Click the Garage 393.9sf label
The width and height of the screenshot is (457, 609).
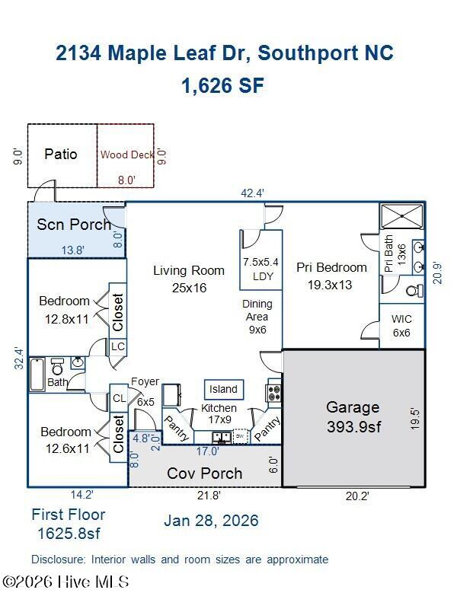(x=353, y=417)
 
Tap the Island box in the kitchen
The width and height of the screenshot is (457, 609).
(x=224, y=390)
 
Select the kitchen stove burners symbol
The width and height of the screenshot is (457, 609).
(x=273, y=393)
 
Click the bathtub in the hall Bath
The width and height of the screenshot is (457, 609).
(x=37, y=375)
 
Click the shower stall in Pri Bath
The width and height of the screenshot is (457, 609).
(x=402, y=216)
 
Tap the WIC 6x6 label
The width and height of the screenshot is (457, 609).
(x=401, y=326)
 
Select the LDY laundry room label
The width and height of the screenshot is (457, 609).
(x=263, y=276)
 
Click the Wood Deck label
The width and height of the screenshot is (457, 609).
(x=127, y=155)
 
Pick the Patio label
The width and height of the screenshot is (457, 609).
(x=61, y=155)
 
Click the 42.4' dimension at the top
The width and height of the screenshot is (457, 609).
(x=252, y=193)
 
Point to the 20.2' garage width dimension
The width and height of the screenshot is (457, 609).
(x=357, y=496)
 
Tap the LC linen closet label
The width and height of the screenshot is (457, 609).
(x=118, y=346)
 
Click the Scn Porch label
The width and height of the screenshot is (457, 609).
(x=74, y=225)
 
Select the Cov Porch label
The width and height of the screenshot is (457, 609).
(x=204, y=473)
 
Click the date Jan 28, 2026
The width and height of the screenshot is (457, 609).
(x=211, y=521)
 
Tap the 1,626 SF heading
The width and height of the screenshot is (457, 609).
(x=222, y=85)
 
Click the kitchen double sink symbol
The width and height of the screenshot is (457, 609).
(x=222, y=437)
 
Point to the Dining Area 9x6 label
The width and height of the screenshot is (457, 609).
(x=257, y=317)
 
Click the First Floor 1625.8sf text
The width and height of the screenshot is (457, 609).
(x=69, y=524)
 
